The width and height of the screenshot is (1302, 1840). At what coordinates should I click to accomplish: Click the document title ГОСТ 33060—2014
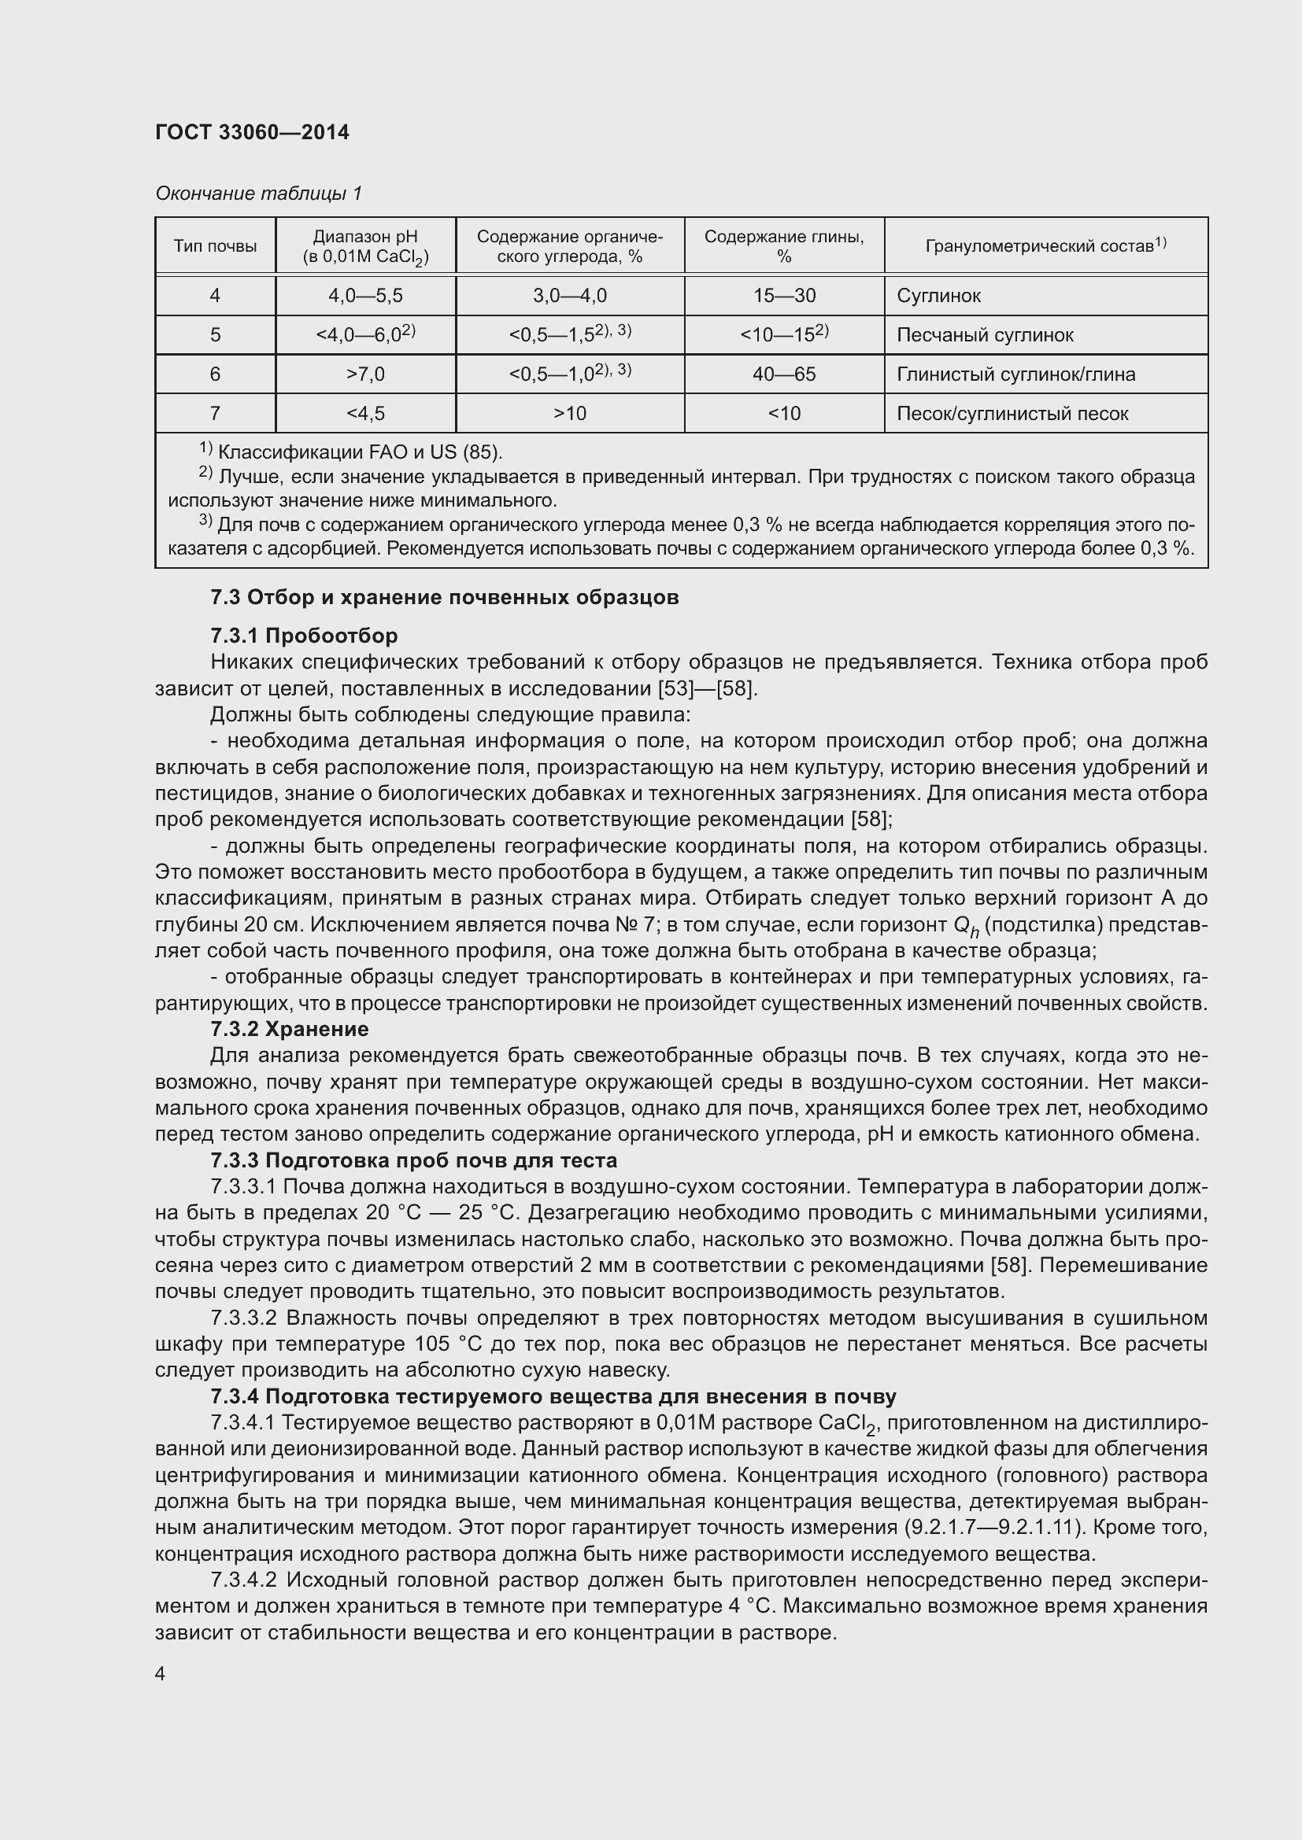pos(252,132)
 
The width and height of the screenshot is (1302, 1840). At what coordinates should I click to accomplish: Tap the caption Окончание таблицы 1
pos(258,194)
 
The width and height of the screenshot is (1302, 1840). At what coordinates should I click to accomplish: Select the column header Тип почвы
pos(215,246)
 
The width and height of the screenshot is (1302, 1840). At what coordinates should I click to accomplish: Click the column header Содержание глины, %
pos(783,246)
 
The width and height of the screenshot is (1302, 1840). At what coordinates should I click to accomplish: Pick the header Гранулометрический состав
pos(1045,246)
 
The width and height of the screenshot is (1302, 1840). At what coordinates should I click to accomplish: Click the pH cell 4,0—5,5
pos(364,296)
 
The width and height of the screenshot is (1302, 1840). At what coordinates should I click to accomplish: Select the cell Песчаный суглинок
pos(984,335)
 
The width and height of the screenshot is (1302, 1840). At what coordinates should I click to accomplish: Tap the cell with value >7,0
pos(364,374)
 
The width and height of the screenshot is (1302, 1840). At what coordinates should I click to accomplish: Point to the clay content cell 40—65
pos(783,374)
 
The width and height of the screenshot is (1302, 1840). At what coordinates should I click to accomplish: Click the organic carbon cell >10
pos(569,414)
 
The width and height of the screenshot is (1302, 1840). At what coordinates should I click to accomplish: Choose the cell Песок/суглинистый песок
pos(1012,414)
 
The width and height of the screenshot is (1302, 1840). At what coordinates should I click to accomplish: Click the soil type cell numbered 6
pos(215,374)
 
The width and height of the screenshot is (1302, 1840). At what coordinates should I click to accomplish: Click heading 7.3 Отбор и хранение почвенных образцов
pos(444,597)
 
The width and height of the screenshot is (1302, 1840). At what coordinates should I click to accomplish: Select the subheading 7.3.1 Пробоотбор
pos(304,636)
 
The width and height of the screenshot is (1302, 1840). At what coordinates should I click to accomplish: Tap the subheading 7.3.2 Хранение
pos(290,1028)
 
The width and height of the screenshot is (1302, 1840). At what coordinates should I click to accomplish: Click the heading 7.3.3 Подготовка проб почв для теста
pos(414,1160)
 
